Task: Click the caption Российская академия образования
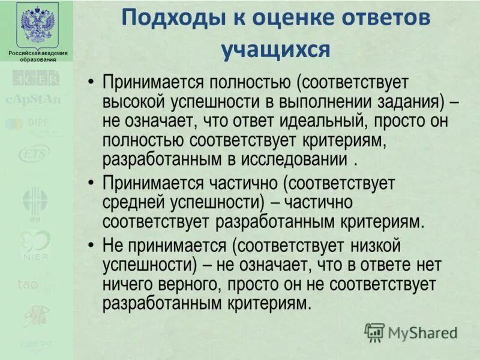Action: pyautogui.click(x=37, y=56)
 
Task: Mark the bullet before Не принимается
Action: pyautogui.click(x=91, y=245)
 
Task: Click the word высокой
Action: pyautogui.click(x=133, y=102)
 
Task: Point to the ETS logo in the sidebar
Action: pyautogui.click(x=34, y=154)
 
